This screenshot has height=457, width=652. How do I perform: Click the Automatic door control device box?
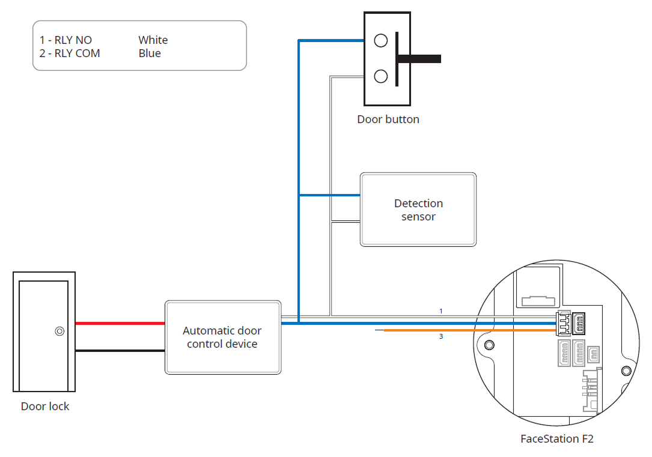click(222, 337)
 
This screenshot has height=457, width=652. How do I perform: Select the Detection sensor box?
click(418, 210)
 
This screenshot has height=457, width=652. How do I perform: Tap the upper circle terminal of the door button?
click(380, 40)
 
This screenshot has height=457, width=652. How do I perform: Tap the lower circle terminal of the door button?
click(380, 76)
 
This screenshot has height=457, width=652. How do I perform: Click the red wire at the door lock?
click(120, 323)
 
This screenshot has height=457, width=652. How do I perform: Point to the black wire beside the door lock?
click(120, 351)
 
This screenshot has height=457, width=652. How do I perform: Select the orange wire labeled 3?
click(469, 330)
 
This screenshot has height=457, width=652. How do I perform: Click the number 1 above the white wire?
click(441, 311)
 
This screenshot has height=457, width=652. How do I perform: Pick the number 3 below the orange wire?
click(441, 337)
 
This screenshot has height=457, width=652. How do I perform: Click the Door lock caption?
click(45, 407)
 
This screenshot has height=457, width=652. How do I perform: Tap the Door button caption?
click(388, 120)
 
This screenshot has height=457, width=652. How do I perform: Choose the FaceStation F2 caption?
click(557, 439)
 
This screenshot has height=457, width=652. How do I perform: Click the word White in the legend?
click(153, 40)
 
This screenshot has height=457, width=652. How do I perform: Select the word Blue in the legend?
click(150, 53)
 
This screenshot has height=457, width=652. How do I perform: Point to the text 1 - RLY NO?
click(66, 40)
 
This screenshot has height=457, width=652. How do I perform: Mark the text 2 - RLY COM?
click(70, 53)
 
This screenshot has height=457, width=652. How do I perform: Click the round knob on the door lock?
click(59, 331)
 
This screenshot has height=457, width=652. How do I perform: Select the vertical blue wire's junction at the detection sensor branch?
click(299, 195)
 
